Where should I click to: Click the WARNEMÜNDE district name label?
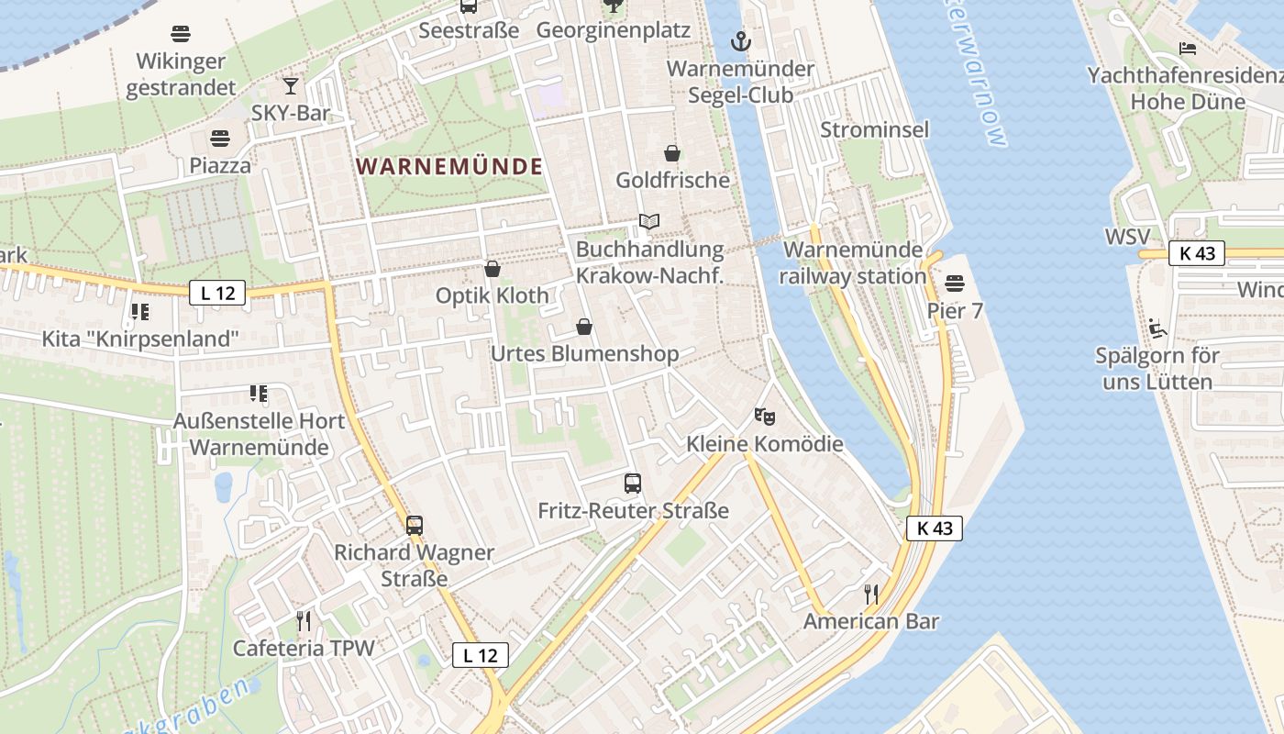coord(449,167)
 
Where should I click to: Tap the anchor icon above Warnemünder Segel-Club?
coord(740,41)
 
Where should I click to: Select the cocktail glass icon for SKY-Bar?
coord(291,86)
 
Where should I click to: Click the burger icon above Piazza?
coord(219,139)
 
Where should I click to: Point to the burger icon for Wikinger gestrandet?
coord(181,35)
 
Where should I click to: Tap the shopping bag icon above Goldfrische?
coord(672,153)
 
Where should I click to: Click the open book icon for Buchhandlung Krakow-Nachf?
coord(649,222)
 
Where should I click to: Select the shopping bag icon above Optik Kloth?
coord(493,269)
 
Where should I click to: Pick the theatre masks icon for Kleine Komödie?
coord(764,417)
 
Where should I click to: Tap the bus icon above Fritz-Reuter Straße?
coord(633,484)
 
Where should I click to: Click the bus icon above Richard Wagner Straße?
coord(415,526)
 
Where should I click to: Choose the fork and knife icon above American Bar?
coord(871,595)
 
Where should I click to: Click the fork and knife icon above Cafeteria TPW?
coord(304,621)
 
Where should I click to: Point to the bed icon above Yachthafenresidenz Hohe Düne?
coord(1188,48)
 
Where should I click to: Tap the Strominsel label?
coord(874,129)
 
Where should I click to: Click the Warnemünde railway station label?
coord(854,262)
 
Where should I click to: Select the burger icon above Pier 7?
coord(955,284)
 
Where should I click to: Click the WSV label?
coord(1127,237)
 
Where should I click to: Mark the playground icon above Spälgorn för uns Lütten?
coord(1157,328)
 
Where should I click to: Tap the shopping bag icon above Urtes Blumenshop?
coord(584,327)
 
